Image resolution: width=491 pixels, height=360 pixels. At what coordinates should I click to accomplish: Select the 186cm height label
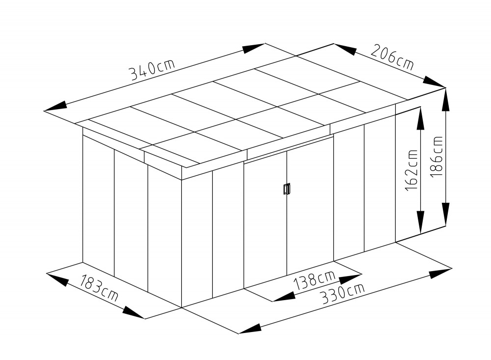[x=436, y=157]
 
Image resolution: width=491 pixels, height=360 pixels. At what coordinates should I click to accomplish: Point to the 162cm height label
[x=411, y=170]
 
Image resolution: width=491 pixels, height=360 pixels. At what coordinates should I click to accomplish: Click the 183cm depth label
[x=99, y=288]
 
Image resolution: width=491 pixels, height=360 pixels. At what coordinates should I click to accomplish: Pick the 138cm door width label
[x=314, y=279]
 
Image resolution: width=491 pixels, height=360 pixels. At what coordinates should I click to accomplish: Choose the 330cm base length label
[x=343, y=294]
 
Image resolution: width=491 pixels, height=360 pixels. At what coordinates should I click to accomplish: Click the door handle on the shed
[x=287, y=189]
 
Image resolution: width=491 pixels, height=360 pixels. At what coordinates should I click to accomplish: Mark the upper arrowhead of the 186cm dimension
[x=445, y=100]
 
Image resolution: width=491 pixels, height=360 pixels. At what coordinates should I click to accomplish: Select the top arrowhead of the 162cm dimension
[x=420, y=118]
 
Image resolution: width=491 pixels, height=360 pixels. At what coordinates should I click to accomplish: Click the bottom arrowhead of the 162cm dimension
[x=420, y=222]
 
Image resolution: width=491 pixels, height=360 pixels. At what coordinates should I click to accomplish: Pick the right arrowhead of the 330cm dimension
[x=440, y=273]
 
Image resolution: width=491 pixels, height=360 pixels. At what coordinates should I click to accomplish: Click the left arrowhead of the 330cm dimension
[x=250, y=329]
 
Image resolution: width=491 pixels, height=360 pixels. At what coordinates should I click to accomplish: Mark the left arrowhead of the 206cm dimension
[x=345, y=49]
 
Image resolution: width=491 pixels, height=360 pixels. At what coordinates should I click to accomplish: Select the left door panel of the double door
[x=265, y=219]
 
